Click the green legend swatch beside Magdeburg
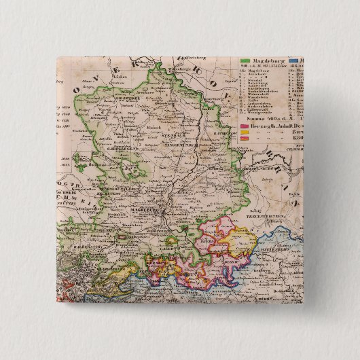point(245,60)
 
